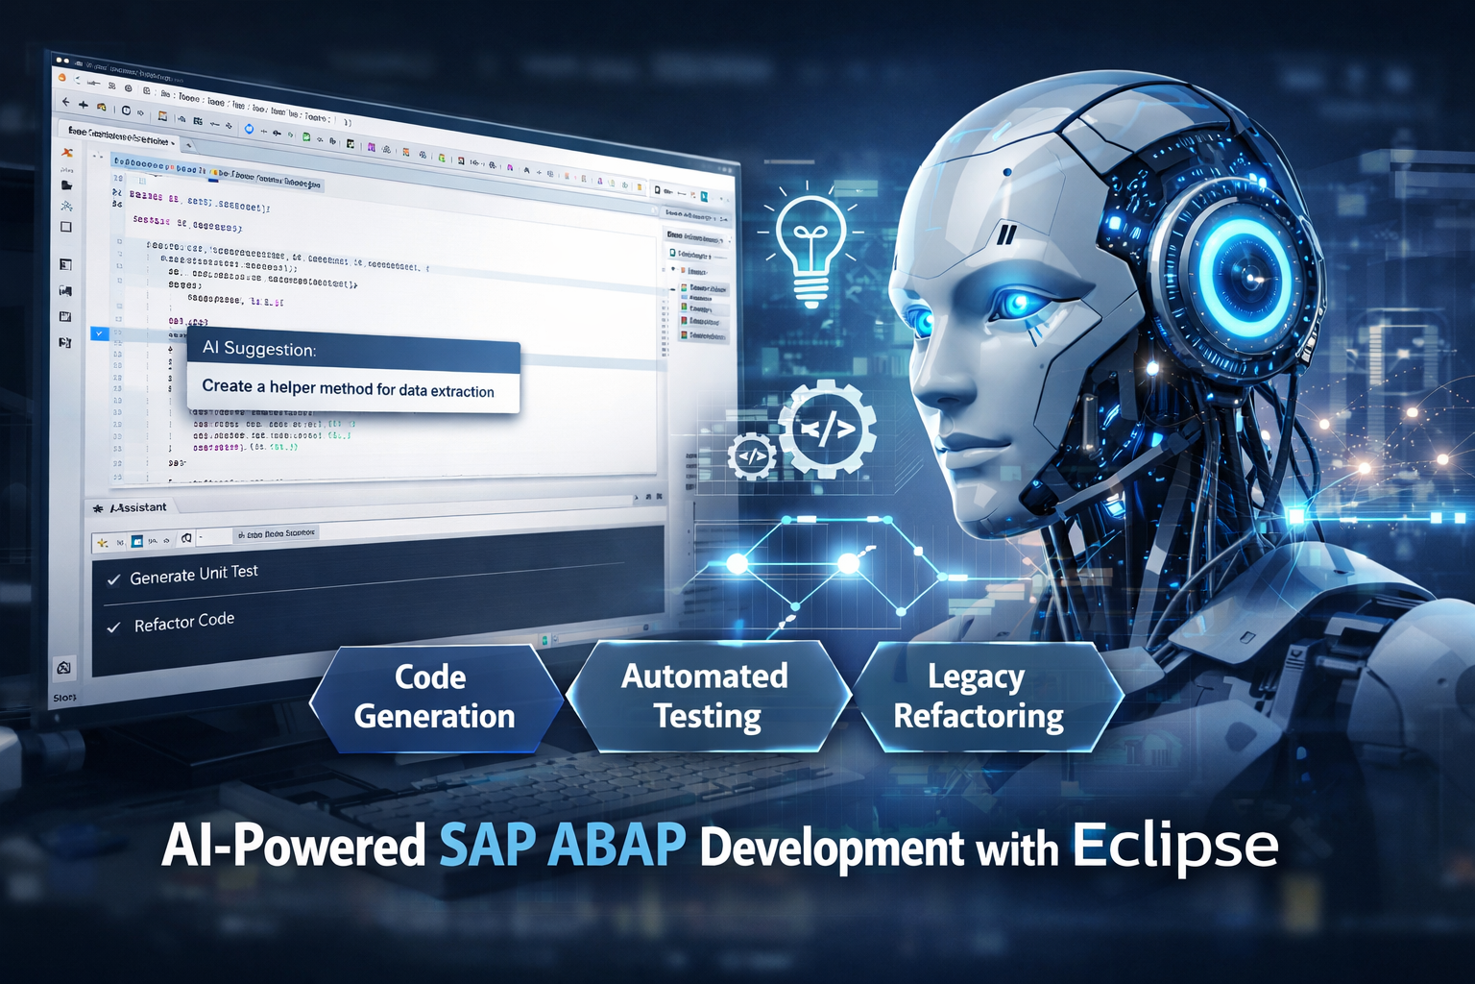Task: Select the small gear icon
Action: [751, 455]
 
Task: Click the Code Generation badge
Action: [434, 697]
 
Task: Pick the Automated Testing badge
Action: [706, 697]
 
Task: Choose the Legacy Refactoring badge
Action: [979, 697]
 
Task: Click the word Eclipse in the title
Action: [1174, 845]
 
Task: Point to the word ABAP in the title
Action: [617, 845]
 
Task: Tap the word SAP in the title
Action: [487, 845]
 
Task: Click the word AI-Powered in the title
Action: [294, 847]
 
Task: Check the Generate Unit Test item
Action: [193, 575]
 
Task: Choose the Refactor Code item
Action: [183, 623]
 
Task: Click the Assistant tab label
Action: [137, 507]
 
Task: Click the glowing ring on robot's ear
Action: [1246, 273]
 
